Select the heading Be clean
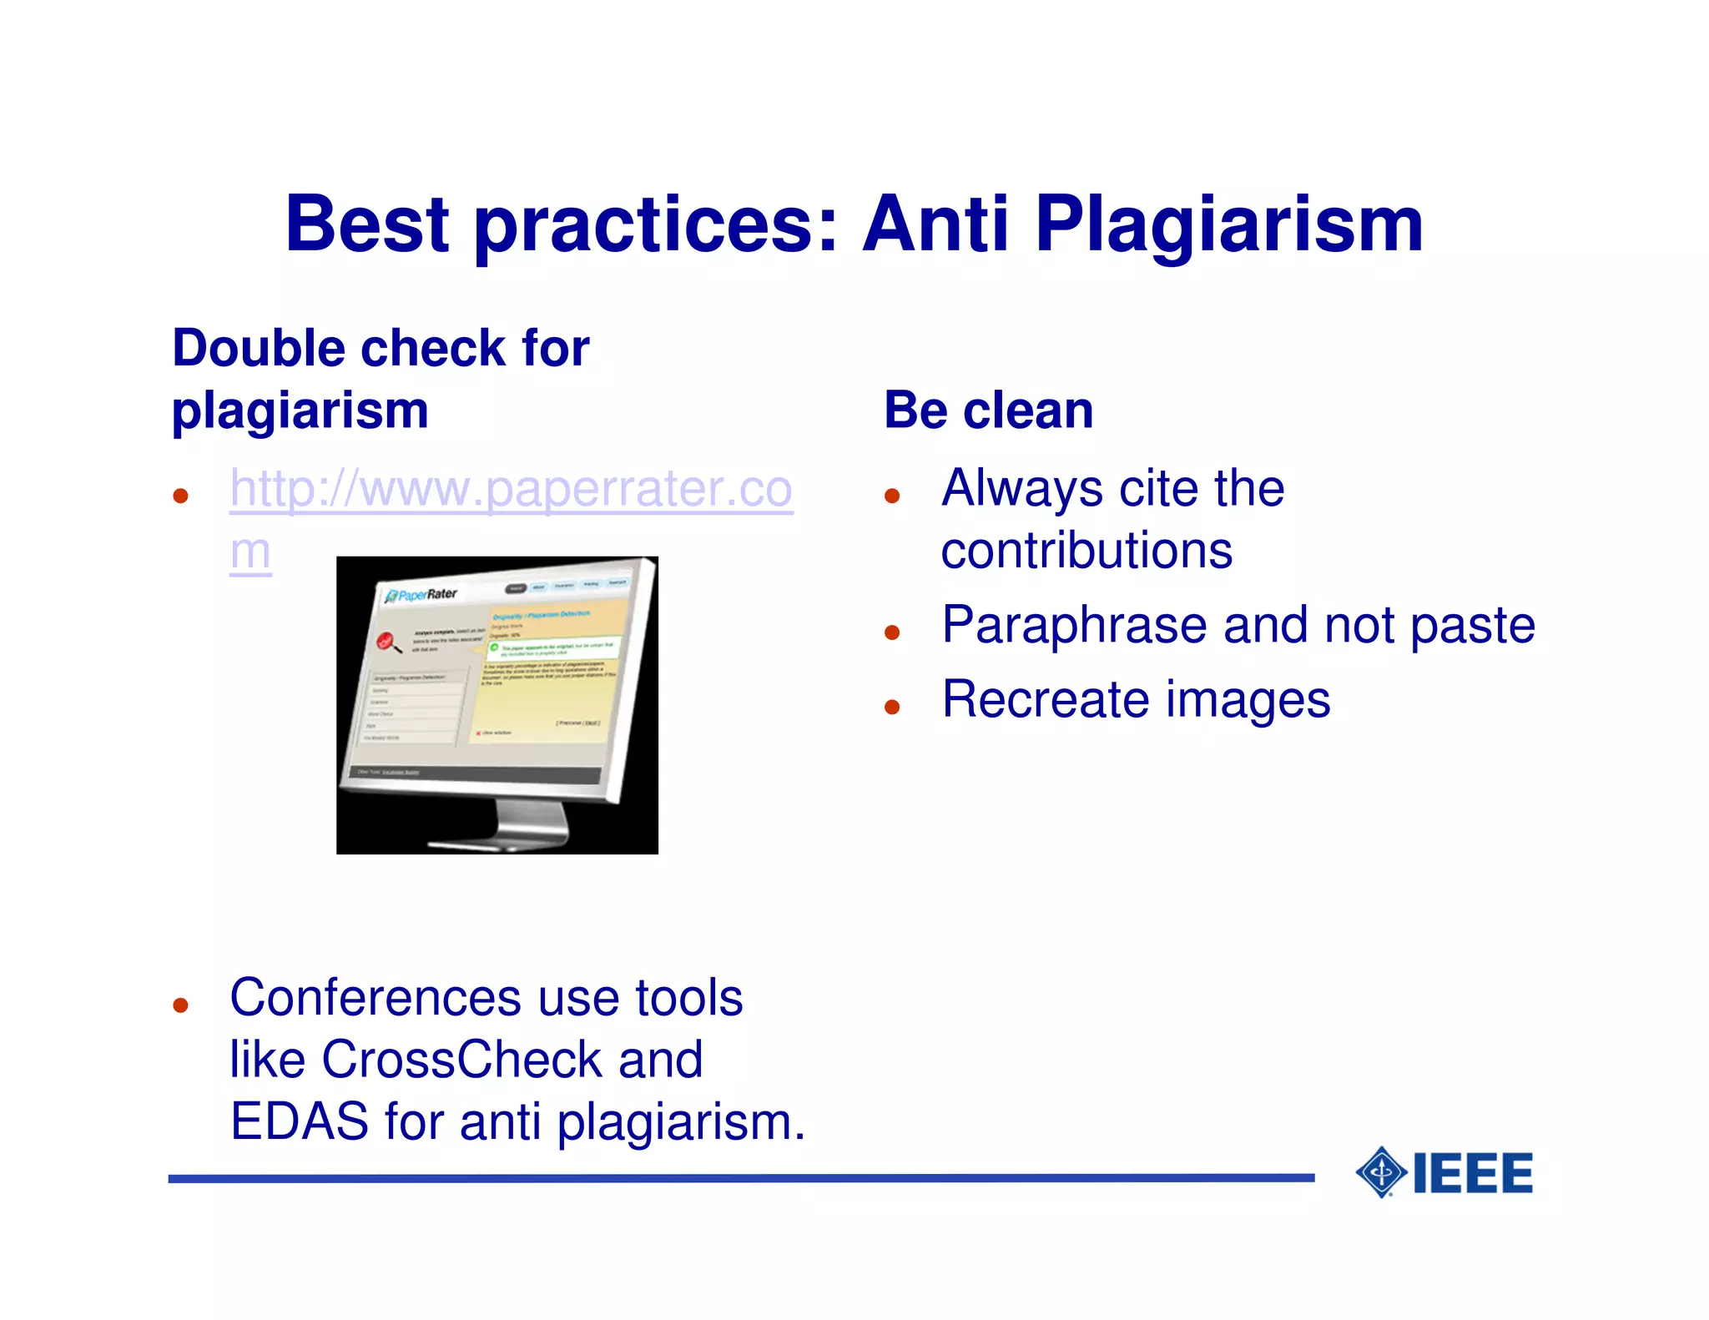coord(988,411)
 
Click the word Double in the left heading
coord(259,348)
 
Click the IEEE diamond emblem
coord(1381,1172)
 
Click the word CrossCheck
coord(461,1060)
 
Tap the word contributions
coord(1086,551)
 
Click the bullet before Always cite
coord(892,496)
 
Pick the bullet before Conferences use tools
coord(180,1005)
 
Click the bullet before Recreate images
coord(892,708)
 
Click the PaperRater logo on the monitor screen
coord(422,595)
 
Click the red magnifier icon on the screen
coord(386,642)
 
